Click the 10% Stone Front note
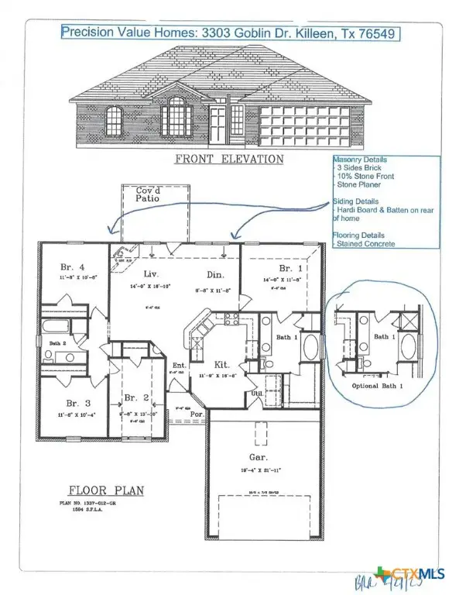365,177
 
